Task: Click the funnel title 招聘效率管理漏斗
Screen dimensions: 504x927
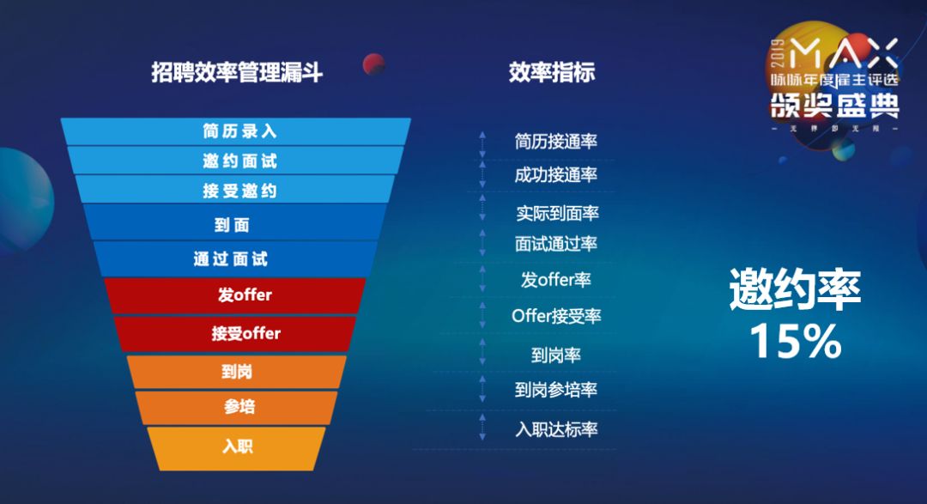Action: (237, 73)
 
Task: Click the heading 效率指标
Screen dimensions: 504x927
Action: (551, 73)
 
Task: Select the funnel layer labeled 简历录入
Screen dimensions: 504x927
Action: (239, 131)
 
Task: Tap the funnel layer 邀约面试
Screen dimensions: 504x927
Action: (239, 161)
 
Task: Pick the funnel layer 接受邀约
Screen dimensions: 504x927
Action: (239, 190)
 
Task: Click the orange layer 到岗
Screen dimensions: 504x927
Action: (237, 372)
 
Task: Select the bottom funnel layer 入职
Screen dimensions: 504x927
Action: (237, 446)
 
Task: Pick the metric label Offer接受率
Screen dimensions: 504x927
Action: (556, 316)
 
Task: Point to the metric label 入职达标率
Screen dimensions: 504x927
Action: (556, 429)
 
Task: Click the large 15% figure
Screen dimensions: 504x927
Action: (795, 341)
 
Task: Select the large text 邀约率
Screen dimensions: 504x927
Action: (795, 290)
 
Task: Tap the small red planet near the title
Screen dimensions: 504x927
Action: (373, 64)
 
